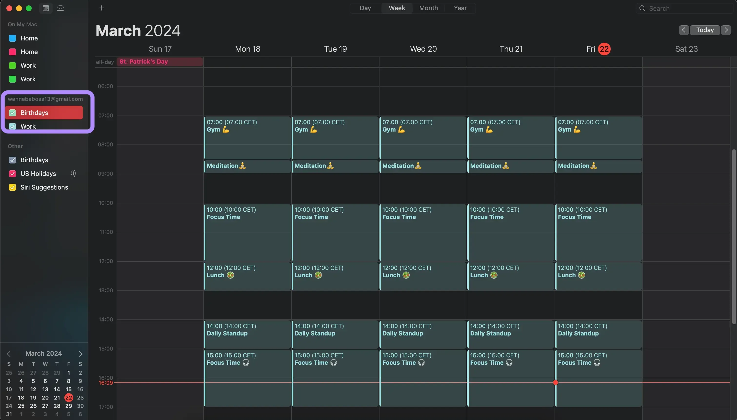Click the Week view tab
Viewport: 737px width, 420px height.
[x=397, y=8]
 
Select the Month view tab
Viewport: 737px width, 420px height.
[x=428, y=8]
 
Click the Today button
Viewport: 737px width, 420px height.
[x=705, y=30]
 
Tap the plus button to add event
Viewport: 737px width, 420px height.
[x=101, y=8]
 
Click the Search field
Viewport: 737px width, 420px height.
[x=687, y=8]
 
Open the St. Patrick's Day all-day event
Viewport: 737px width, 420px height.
[x=160, y=62]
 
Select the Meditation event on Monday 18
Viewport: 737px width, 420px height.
[x=247, y=166]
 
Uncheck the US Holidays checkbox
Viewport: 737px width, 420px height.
[x=12, y=174]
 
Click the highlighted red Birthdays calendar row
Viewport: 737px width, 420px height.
[x=44, y=113]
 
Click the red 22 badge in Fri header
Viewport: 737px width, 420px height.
[x=604, y=49]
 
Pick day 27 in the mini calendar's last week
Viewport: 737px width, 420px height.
[x=45, y=406]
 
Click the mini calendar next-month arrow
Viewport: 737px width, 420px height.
[x=80, y=354]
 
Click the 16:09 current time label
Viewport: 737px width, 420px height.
[x=106, y=383]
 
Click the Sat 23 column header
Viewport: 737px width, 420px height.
[x=686, y=49]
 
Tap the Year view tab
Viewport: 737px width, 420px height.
[x=460, y=8]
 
